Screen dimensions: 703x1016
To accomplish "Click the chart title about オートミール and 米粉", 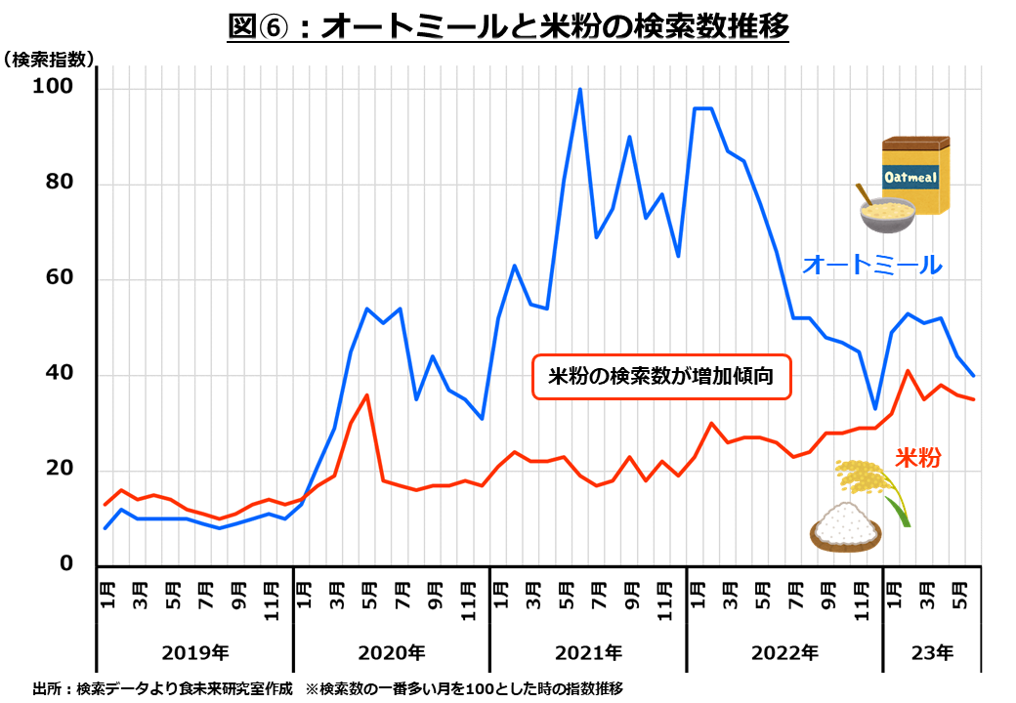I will coord(507,26).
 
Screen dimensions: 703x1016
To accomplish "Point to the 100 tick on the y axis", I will coord(55,89).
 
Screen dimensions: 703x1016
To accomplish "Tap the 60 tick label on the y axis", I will coord(60,280).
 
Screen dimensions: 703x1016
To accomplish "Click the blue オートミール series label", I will coord(871,264).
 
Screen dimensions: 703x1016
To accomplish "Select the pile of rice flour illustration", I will coord(845,528).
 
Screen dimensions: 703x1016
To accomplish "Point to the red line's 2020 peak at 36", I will coord(366,395).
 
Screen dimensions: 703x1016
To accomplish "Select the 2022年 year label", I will coord(783,651).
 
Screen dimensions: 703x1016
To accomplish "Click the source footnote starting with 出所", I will coord(327,687).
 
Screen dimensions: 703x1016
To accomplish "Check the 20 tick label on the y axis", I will coord(60,470).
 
